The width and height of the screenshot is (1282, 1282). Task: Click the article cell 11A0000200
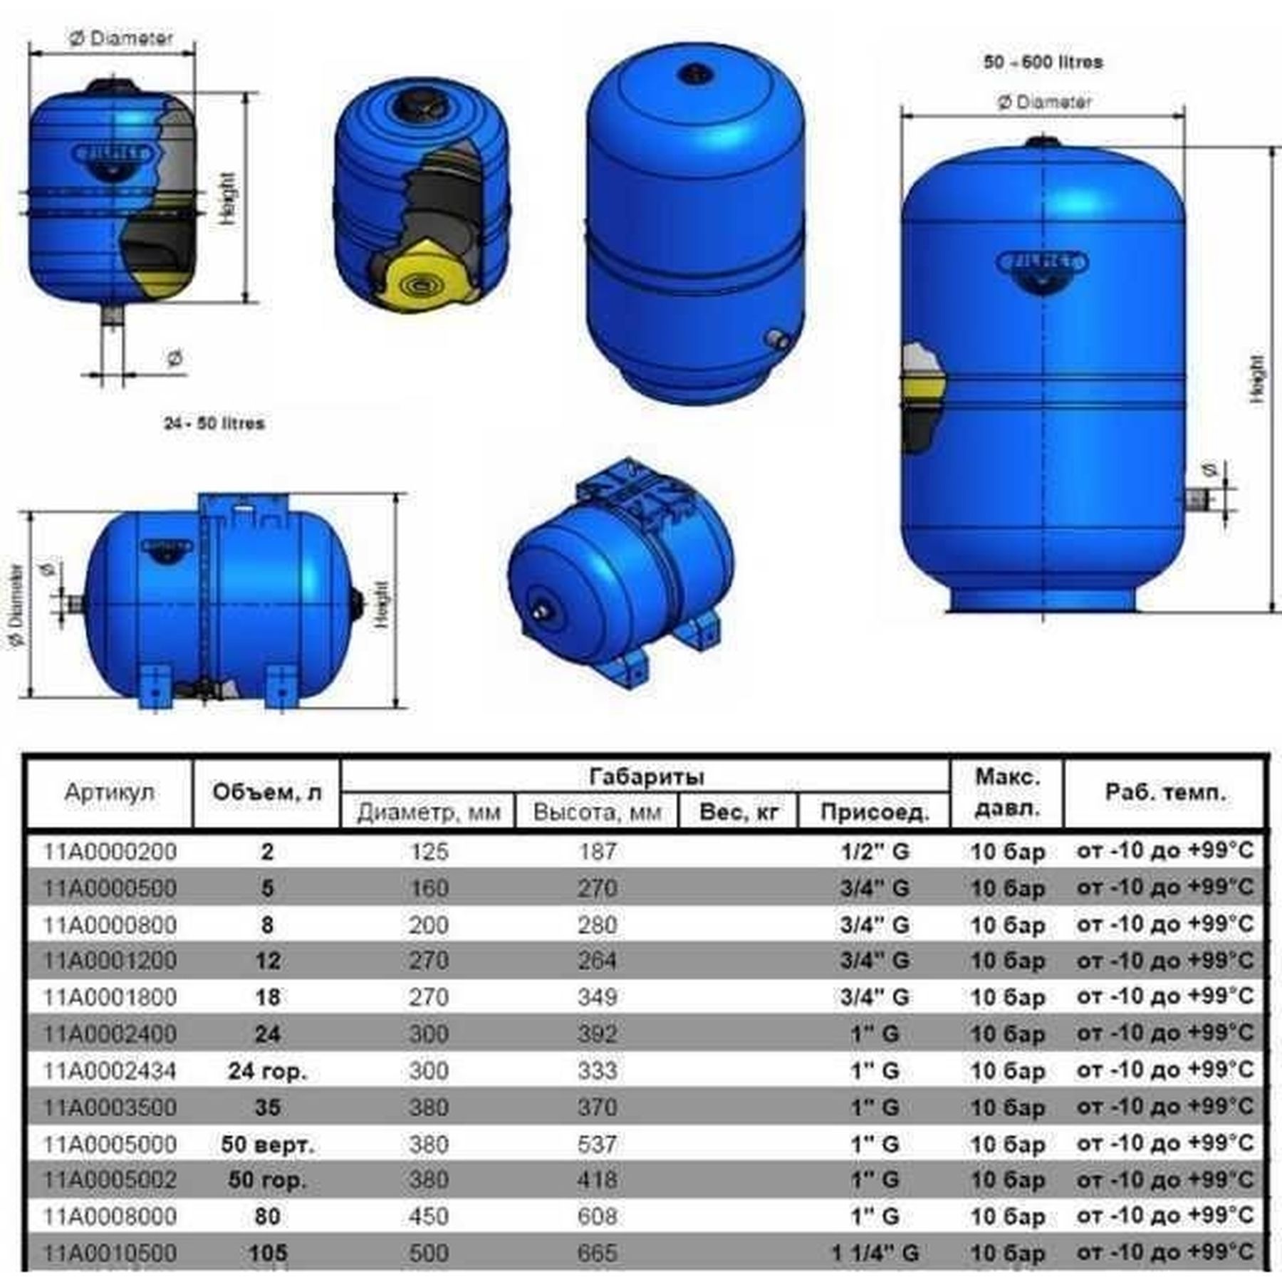click(x=110, y=851)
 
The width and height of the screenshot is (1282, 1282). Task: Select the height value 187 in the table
click(x=597, y=851)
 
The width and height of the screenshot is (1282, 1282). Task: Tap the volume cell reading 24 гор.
click(x=267, y=1070)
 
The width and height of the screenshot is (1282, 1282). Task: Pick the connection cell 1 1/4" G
click(x=875, y=1253)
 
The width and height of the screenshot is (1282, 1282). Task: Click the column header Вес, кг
click(x=739, y=812)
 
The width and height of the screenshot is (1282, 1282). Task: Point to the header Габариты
click(x=645, y=776)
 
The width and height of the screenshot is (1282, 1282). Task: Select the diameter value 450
click(x=428, y=1216)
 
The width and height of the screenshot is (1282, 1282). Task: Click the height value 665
click(x=597, y=1253)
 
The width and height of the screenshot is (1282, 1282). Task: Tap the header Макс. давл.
click(x=1007, y=793)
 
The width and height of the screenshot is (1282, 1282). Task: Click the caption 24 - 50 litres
click(x=214, y=423)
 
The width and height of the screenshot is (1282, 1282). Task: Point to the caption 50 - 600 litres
click(x=1043, y=62)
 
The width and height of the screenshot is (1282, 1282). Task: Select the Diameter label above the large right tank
click(x=1044, y=103)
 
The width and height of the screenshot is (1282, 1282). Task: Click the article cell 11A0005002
click(x=110, y=1179)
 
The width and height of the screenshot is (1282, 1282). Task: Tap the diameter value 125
click(x=428, y=851)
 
